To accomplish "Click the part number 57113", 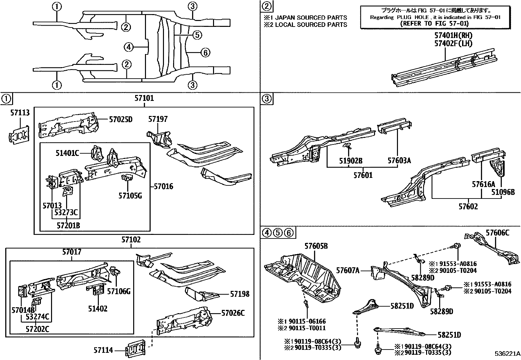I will [20, 113].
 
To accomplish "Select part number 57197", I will [158, 119].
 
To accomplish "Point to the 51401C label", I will [67, 153].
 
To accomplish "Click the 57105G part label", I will [130, 196].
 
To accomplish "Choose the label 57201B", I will [68, 225].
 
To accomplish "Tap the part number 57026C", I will [233, 313].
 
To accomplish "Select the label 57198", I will [240, 294].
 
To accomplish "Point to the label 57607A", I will [348, 271].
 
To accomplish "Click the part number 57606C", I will [497, 233].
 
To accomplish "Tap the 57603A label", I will [399, 161].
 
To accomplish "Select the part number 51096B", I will [503, 192].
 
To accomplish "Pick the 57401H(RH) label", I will [453, 35].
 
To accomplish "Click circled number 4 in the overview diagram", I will [129, 47].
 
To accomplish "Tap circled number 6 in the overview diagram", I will [205, 52].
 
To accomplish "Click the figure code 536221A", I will [507, 354].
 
